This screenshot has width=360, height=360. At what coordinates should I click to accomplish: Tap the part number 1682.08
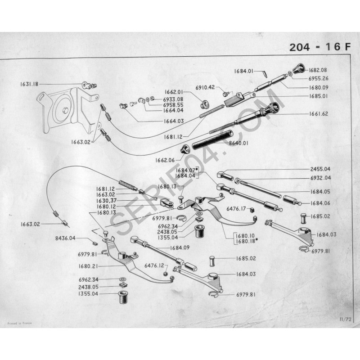click(x=318, y=70)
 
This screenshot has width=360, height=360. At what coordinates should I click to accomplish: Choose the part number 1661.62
click(x=319, y=114)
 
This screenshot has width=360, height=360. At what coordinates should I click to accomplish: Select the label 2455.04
click(x=320, y=169)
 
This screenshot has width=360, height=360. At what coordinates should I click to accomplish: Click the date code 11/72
click(x=345, y=319)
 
